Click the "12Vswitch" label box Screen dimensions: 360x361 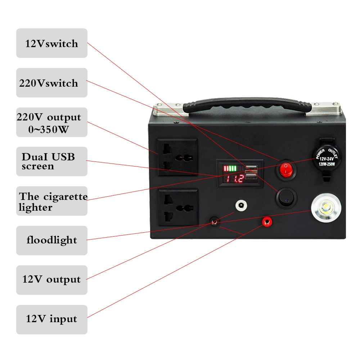pos(51,44)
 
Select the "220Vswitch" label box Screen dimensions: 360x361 pos(51,83)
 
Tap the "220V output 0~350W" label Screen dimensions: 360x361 pos(51,123)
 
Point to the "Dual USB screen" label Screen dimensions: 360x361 pos(51,161)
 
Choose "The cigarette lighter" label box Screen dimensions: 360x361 pos(51,201)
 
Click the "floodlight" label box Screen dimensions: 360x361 pos(51,240)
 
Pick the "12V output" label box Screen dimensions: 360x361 pos(51,280)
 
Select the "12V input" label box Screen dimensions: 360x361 pos(51,319)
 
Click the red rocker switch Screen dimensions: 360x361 pos(286,169)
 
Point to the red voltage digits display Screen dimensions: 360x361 pos(233,179)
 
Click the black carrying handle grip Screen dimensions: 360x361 pos(247,106)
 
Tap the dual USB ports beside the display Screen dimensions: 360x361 pos(251,172)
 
